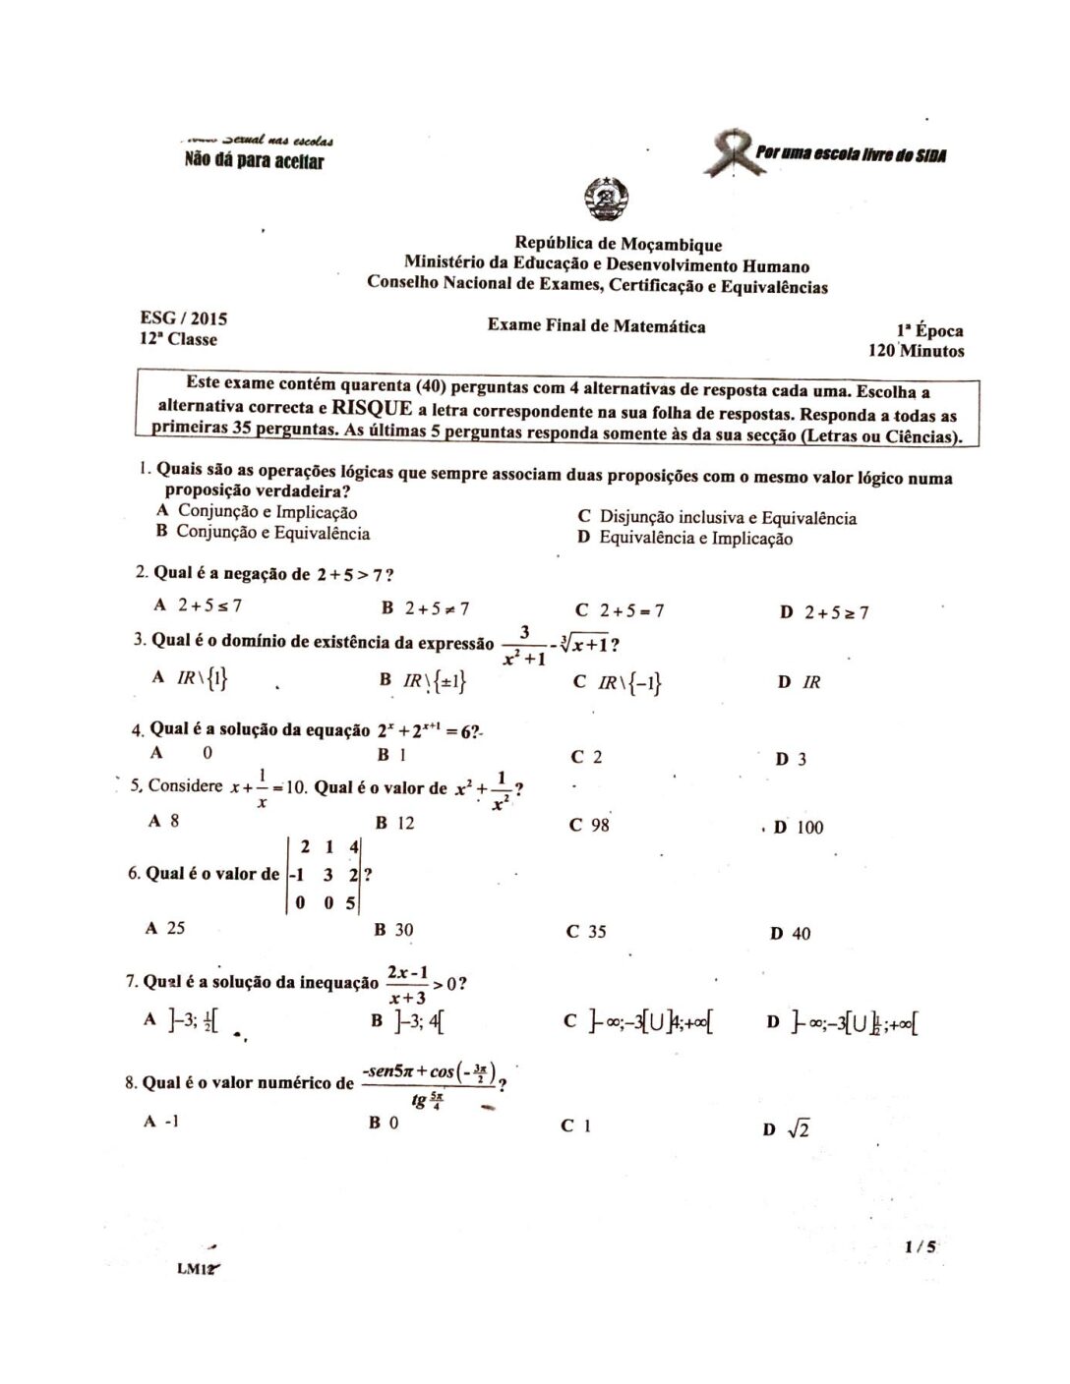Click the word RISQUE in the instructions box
372,407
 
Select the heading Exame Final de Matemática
596,326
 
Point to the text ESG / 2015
184,317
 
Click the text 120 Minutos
916,350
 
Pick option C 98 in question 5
589,825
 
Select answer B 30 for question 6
392,929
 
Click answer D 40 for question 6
791,934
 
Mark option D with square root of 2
786,1129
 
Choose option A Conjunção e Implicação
258,511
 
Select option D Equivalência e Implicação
685,538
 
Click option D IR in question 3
799,682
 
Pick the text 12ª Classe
178,339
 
